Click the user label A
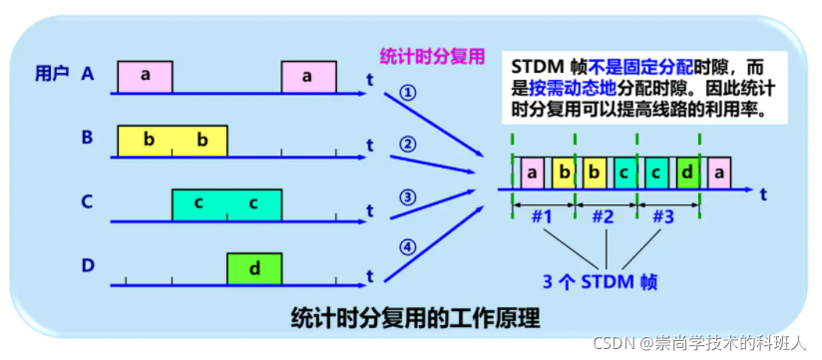coord(89,73)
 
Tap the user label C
coord(88,202)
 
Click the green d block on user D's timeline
coord(253,268)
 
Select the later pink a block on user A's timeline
coord(308,77)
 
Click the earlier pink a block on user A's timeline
coord(145,77)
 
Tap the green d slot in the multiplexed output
coord(687,173)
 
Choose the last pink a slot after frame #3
coord(717,173)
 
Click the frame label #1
coord(544,215)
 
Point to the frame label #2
coord(606,215)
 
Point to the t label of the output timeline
coord(762,193)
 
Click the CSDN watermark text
coord(698,343)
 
